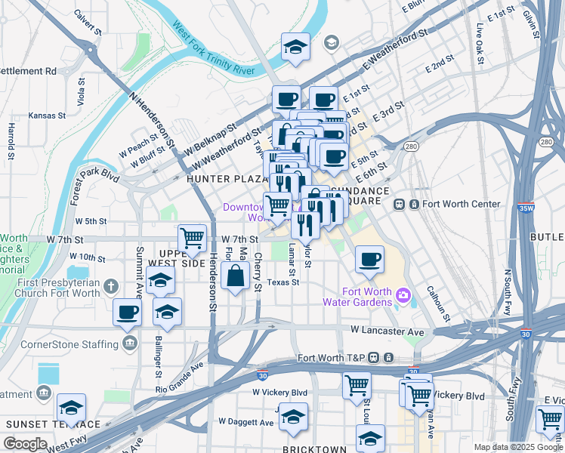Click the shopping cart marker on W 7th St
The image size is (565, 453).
pos(193,238)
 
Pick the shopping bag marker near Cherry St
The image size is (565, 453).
pos(236,276)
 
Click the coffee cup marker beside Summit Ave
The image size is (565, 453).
pos(127,313)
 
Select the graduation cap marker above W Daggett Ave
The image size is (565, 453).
pos(293,416)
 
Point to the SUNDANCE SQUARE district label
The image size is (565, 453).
pos(369,196)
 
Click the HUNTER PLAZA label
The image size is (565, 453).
pos(224,179)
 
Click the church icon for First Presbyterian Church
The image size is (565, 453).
pos(111,286)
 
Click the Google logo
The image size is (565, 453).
pos(26,444)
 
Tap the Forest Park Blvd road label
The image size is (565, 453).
pos(93,187)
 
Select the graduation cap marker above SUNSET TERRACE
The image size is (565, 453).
pos(72,408)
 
